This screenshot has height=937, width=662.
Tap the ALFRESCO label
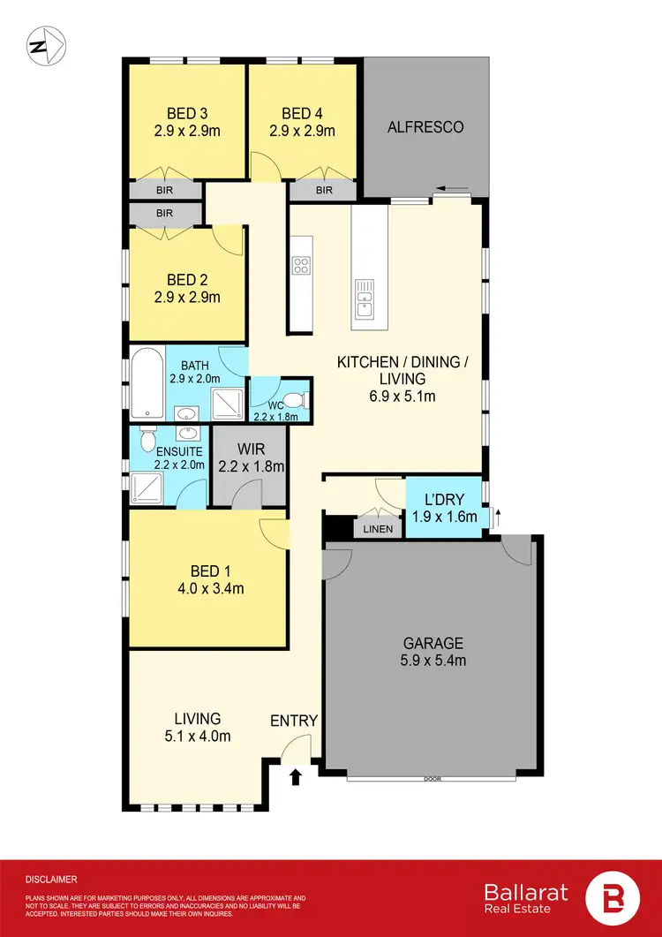[x=425, y=127]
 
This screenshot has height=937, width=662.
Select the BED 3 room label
[x=187, y=113]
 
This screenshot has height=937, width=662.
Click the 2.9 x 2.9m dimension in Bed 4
[x=302, y=131]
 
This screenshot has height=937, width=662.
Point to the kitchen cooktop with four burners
[x=301, y=264]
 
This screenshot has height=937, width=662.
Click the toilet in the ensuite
[x=147, y=439]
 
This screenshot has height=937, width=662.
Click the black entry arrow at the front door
[x=296, y=777]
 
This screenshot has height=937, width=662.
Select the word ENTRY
[x=293, y=721]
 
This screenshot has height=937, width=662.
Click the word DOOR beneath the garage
[x=433, y=780]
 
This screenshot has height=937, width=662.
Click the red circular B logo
[x=615, y=898]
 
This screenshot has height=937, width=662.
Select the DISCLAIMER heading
[x=51, y=880]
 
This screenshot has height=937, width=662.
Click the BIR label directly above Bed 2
[x=166, y=214]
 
